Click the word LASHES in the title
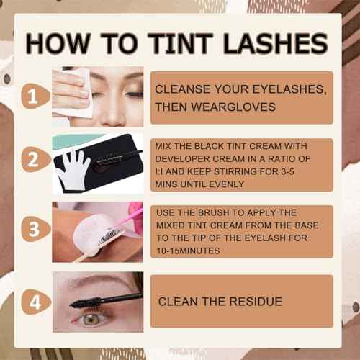(x=275, y=43)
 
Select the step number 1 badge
(x=35, y=96)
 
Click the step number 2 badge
(x=35, y=159)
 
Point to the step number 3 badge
(x=35, y=229)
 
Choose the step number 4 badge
(x=36, y=302)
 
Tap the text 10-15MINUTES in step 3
(x=188, y=251)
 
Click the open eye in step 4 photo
(x=92, y=319)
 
